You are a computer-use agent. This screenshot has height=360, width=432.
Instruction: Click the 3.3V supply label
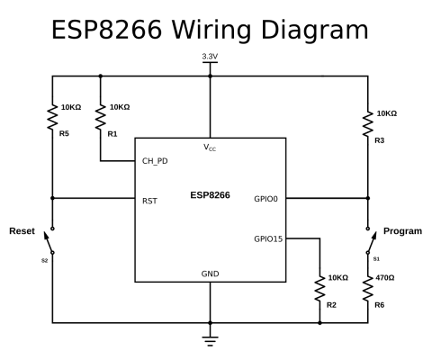[210, 57]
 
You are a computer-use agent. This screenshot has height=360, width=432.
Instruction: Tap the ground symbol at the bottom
[210, 341]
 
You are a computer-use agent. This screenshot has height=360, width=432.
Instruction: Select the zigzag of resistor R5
[52, 117]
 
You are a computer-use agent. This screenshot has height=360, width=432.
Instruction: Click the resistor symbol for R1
[101, 117]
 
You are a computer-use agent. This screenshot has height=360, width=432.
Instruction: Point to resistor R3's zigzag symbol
[368, 123]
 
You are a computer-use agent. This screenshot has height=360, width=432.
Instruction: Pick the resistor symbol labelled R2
[319, 288]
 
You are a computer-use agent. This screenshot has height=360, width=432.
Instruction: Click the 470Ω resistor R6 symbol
[368, 288]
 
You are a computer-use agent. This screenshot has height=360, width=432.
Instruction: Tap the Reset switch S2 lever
[48, 242]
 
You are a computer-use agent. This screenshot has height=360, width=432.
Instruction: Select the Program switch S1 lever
[372, 242]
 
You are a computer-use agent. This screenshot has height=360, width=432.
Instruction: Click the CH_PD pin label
[155, 161]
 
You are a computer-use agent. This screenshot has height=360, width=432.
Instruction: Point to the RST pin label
[149, 201]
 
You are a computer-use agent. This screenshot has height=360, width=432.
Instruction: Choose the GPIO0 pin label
[265, 199]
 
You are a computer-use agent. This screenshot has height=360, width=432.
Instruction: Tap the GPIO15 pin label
[268, 238]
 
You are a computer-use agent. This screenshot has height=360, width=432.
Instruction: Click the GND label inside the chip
[210, 274]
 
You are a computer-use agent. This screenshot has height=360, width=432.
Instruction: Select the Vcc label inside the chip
[210, 148]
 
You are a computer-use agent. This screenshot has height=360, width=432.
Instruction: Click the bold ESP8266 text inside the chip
[210, 195]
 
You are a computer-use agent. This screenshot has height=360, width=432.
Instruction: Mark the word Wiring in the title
[211, 30]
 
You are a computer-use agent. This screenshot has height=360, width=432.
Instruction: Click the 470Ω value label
[385, 278]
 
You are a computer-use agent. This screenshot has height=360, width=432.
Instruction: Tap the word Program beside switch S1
[402, 231]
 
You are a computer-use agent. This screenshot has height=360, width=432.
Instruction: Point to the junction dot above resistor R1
[101, 76]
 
